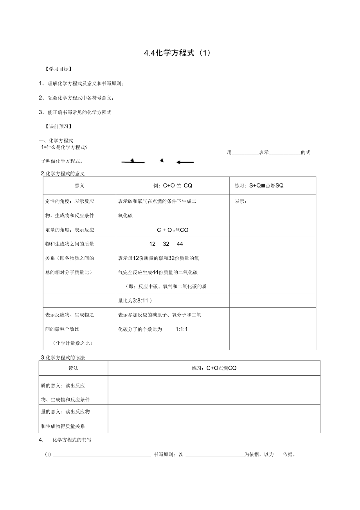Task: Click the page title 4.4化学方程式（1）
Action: point(177,54)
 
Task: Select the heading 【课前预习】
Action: point(59,126)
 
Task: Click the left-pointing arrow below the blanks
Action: point(185,162)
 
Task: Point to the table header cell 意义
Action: point(79,186)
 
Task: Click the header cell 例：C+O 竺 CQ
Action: point(173,186)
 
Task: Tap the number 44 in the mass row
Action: point(180,244)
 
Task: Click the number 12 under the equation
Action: point(153,244)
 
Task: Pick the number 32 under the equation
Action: point(166,244)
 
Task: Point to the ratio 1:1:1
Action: point(182,329)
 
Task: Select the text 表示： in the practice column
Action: point(241,202)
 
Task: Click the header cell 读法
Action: point(73,368)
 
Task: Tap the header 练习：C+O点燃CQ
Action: point(214,368)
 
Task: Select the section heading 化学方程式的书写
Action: point(72,440)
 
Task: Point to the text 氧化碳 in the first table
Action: point(126,216)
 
